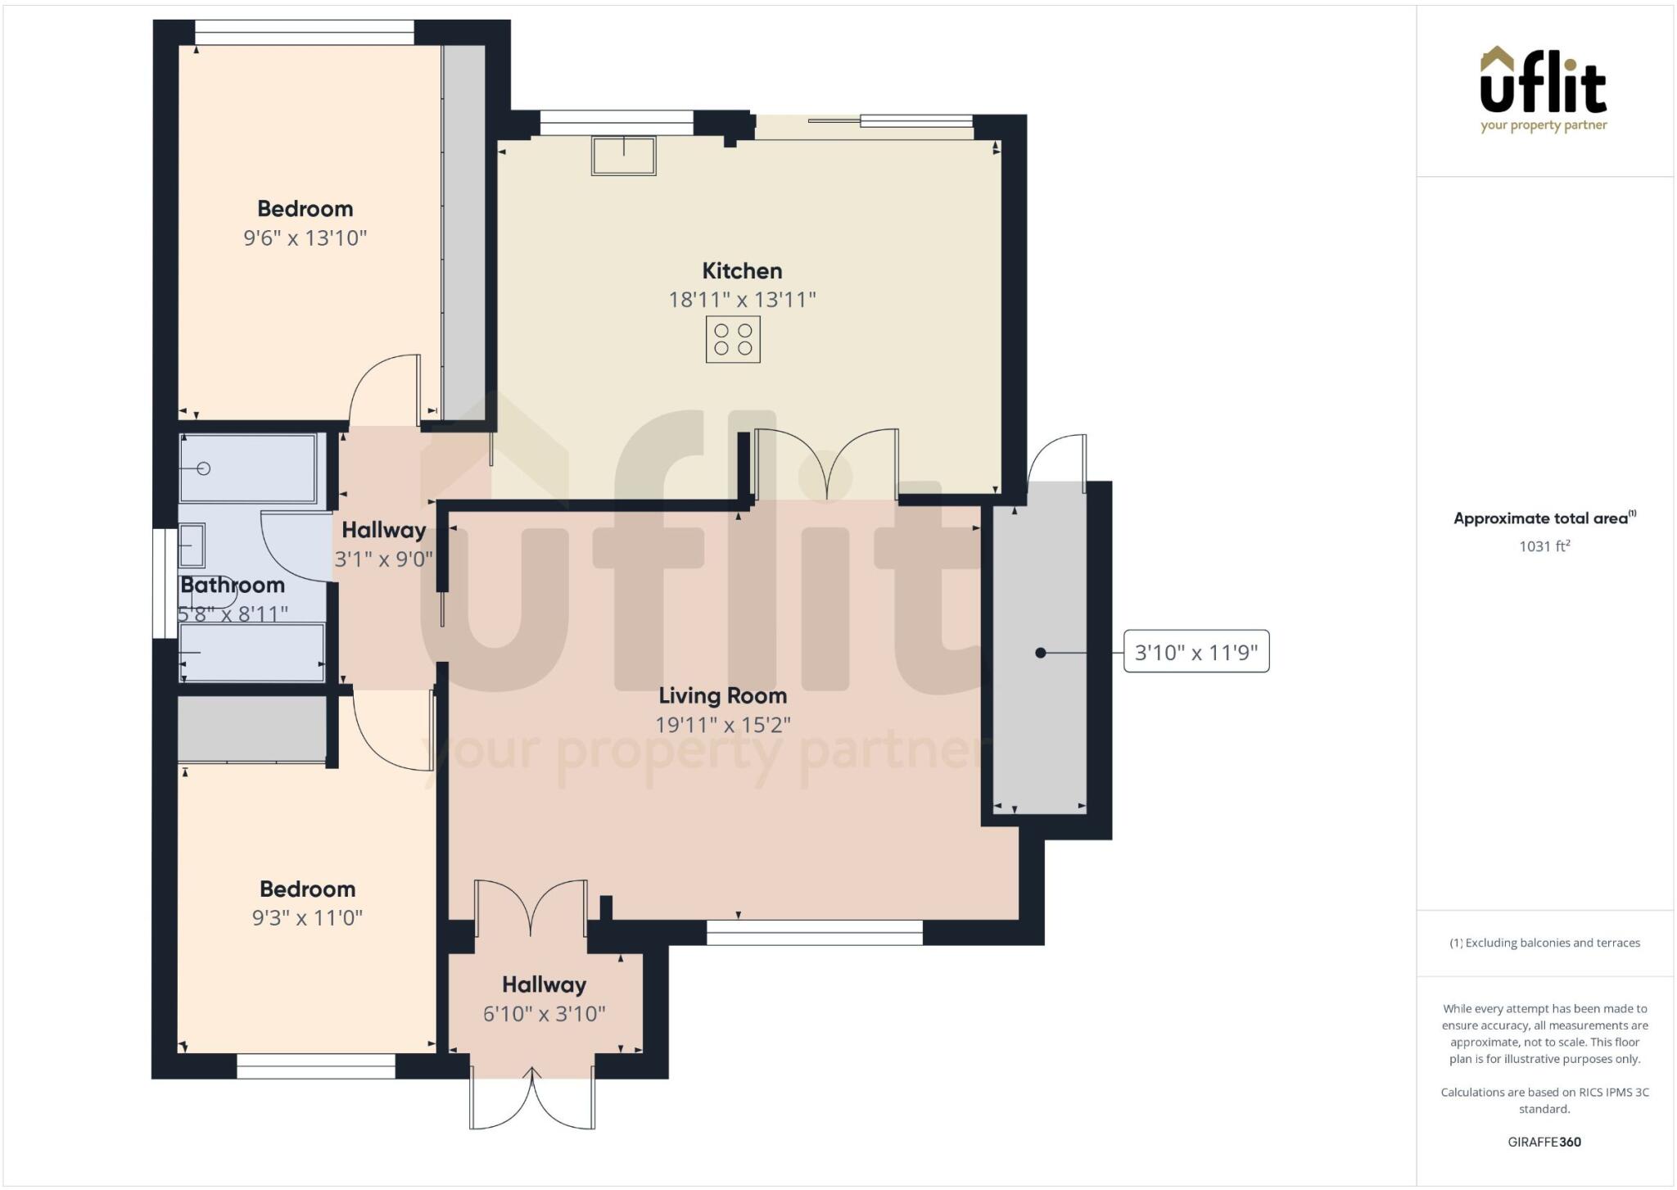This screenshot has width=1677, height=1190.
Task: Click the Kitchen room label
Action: tap(742, 271)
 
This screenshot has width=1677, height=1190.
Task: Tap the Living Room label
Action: tap(723, 696)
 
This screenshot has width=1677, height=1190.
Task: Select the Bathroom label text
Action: tap(233, 586)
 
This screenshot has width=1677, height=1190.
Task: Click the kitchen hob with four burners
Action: tap(733, 340)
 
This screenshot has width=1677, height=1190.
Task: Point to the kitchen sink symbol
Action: tap(624, 156)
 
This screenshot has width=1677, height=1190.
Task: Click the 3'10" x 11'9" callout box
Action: tap(1196, 652)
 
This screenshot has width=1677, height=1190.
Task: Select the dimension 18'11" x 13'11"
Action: tap(743, 300)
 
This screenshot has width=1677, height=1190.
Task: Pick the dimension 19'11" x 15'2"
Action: tap(723, 725)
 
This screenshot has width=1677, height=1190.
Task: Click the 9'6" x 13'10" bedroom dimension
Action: tap(305, 238)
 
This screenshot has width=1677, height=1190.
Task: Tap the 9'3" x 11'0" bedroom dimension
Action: tap(307, 918)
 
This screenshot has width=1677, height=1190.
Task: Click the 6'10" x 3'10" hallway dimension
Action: tap(545, 1014)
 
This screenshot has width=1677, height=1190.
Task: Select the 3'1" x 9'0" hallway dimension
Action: tap(384, 559)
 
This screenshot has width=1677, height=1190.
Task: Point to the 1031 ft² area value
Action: tap(1544, 546)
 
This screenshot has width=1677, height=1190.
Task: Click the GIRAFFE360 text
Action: tap(1544, 1142)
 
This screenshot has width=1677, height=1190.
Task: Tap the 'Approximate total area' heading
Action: tap(1544, 518)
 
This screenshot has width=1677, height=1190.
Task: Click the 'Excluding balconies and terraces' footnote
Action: tap(1544, 943)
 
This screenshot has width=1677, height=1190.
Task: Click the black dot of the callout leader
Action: tap(1040, 653)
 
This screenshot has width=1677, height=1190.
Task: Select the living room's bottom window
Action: tap(815, 932)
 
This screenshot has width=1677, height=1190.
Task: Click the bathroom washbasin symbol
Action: tap(192, 545)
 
